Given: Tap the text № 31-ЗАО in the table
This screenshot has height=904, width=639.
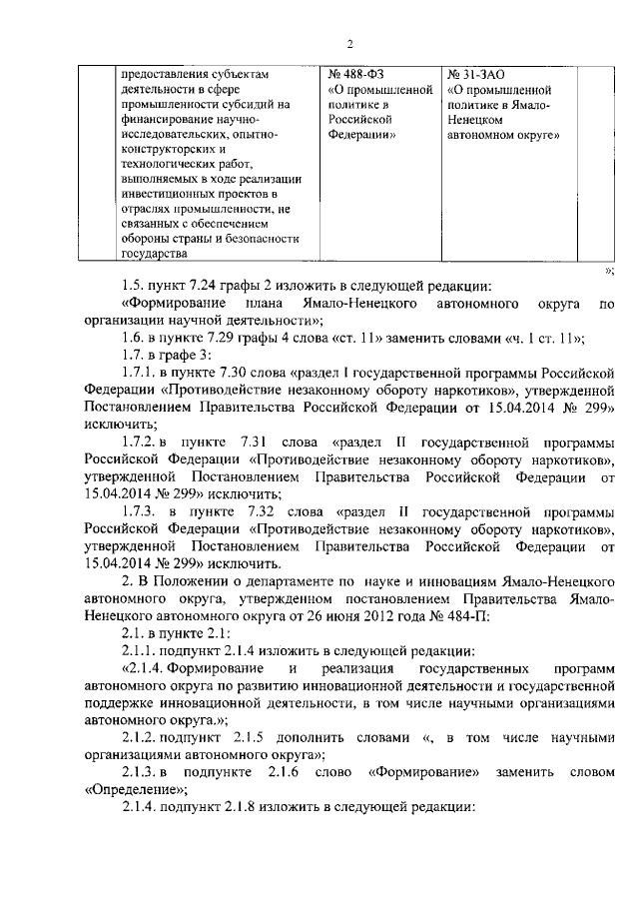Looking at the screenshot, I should pos(478,73).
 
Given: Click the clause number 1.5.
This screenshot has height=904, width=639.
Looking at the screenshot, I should pos(133,288).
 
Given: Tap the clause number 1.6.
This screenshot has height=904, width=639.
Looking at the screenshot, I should pos(133,337).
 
